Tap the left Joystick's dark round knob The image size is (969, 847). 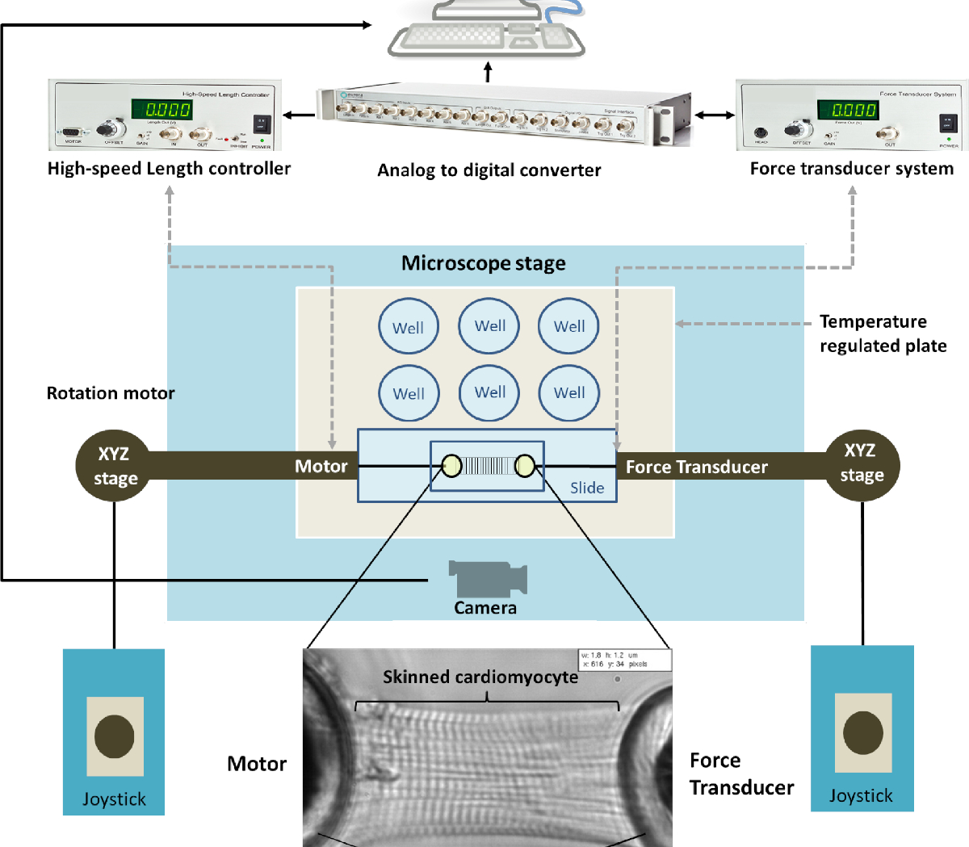[114, 736]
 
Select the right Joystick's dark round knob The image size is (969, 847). [862, 732]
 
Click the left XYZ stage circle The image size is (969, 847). [113, 466]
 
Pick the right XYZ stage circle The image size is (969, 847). [861, 463]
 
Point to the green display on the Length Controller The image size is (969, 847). [162, 109]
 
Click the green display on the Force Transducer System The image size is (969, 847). [848, 110]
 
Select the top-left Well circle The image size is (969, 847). [409, 326]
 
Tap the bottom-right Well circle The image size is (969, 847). [569, 392]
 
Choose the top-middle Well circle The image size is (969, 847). [489, 325]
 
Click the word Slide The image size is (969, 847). [587, 488]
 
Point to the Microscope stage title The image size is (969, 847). [484, 263]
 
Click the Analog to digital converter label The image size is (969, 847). [489, 170]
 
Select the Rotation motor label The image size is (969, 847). [111, 393]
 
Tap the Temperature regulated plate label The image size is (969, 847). [883, 333]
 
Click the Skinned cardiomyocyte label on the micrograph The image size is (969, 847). [480, 677]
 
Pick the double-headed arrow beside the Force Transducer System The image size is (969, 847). [715, 115]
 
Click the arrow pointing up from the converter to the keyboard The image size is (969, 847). [488, 73]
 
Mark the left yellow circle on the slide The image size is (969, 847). [451, 465]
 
